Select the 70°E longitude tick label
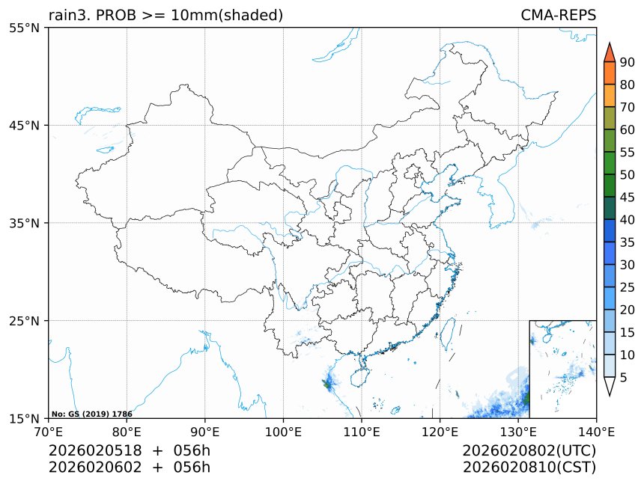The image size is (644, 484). pos(49,432)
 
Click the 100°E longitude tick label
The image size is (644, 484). pos(283,432)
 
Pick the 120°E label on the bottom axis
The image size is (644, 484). pos(440,432)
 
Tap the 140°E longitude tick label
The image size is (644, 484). pos(596,432)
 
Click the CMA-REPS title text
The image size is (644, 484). pos(558,15)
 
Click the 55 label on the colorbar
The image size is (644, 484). pos(628,153)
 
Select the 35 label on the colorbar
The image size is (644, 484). pos(628,242)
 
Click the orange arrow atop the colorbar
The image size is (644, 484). pos(609,52)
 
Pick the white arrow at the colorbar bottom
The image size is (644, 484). pos(609,386)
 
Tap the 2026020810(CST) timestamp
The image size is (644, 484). pos(529,468)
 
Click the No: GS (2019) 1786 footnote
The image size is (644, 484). pos(91,414)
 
